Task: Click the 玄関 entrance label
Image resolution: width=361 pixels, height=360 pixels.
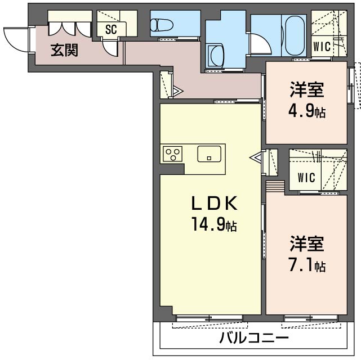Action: (x=65, y=50)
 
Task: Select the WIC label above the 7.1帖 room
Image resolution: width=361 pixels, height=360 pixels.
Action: (x=306, y=178)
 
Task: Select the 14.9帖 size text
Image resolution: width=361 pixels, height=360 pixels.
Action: (x=214, y=226)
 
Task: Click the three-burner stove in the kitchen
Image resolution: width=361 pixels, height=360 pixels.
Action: (x=172, y=153)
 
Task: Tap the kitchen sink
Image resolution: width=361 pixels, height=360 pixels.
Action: (x=209, y=153)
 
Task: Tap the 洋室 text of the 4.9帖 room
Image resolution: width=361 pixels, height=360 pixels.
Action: (x=307, y=89)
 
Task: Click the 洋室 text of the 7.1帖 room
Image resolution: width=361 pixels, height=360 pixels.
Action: (x=307, y=244)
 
